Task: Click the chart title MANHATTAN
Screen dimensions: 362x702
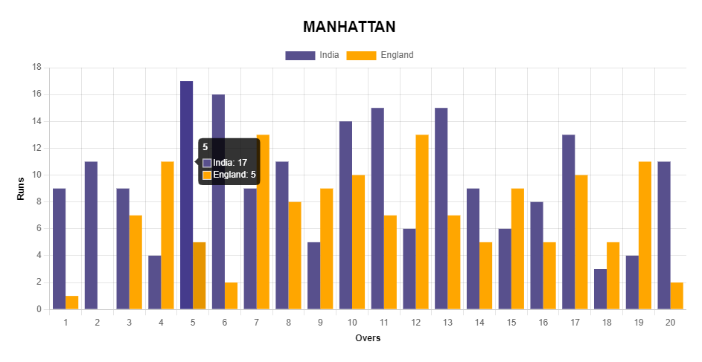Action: [x=349, y=27]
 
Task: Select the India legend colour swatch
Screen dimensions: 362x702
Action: [x=300, y=55]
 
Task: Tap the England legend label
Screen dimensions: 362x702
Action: [x=397, y=55]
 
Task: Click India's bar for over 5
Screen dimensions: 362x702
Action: [x=186, y=195]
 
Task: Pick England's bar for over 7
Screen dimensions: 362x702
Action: [x=263, y=222]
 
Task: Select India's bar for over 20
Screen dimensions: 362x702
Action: [x=664, y=235]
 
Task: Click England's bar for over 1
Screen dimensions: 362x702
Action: [x=71, y=303]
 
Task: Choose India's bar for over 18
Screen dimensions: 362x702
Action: [x=600, y=289]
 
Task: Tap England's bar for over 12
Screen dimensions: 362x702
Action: [x=422, y=222]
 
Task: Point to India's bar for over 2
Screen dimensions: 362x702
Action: [x=91, y=235]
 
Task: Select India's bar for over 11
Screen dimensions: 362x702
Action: [x=377, y=208]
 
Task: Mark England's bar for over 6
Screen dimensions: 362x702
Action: [x=231, y=296]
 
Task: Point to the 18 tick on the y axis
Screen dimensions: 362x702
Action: [x=36, y=68]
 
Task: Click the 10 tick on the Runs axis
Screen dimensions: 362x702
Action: [x=36, y=175]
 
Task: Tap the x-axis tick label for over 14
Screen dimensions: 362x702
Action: [x=479, y=322]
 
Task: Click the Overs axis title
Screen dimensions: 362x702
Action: [x=368, y=338]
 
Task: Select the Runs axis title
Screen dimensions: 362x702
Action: [x=22, y=188]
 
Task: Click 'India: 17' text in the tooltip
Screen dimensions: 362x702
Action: [x=230, y=163]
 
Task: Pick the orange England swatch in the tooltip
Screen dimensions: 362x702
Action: [x=207, y=175]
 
